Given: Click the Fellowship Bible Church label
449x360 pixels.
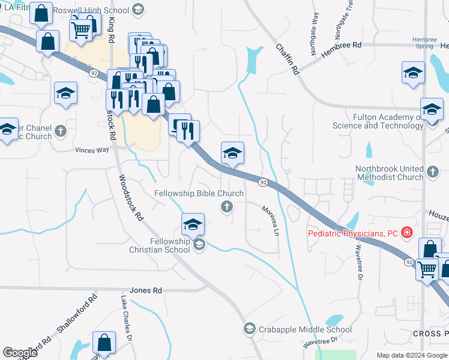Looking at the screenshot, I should (199, 193).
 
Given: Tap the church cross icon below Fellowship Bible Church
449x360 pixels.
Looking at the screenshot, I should (227, 207).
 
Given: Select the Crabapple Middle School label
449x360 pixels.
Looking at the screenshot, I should (305, 329).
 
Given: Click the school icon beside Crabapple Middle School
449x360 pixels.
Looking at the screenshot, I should (250, 329).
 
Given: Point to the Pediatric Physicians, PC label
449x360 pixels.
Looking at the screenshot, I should (354, 233).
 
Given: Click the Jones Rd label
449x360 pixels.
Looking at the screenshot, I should (149, 290).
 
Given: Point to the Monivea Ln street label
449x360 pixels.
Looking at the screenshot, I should (271, 220).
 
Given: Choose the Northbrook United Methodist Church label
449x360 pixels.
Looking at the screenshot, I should (390, 173).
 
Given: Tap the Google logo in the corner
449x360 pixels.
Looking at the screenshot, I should (20, 353).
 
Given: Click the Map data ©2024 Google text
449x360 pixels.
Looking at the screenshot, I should (411, 355).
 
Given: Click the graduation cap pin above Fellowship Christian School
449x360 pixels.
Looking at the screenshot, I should (193, 224).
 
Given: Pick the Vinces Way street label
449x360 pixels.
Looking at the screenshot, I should (92, 150).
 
